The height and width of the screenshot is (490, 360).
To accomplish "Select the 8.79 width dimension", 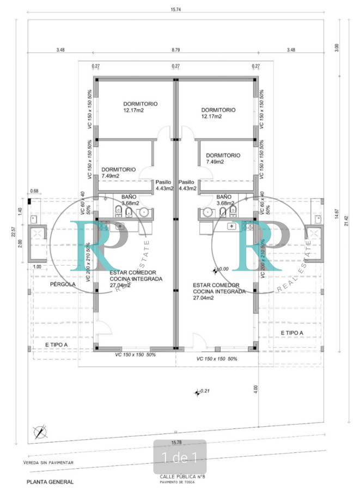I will pos(175,50).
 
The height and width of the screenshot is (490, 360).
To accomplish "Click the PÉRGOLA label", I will pos(63,284).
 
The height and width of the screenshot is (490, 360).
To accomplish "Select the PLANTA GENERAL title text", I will pos(50,482).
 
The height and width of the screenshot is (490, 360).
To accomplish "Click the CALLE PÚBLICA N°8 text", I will pos(175,476).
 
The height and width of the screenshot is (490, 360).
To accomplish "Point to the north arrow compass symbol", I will pos(40,432).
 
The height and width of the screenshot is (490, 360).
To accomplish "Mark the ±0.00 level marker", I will pos(221,269).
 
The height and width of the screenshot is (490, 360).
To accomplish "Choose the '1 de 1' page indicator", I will pos(180,457).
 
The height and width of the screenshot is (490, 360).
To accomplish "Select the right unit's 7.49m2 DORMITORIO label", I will pos(223,158).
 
